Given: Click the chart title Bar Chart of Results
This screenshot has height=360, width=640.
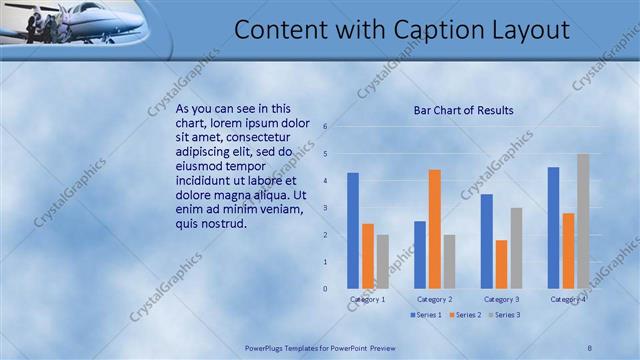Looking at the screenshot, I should coord(463,110).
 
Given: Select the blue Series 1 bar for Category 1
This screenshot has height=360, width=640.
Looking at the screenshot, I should coord(353,230).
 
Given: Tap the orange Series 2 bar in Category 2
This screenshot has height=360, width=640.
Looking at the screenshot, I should coord(434,229).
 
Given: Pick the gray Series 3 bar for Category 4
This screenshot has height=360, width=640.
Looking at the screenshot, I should coord(583,221).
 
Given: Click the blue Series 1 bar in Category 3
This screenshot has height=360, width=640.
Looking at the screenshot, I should coord(486,241).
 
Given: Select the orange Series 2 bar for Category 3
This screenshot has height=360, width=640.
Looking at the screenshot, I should coord(501,264).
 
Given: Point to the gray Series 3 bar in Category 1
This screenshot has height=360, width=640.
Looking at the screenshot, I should coord(383,261).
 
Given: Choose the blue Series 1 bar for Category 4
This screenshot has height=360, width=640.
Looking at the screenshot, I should coord(553,227).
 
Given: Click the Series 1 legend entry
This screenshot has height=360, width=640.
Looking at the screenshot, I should coord(427,315).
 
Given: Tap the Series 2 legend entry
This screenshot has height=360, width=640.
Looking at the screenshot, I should coord(465,315).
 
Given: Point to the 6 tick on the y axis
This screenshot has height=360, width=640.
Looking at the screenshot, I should coord(325,127).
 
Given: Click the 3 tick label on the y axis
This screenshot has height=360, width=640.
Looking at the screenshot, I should coord(325,208).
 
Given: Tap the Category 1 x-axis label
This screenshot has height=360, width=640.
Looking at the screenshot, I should coord(367,299).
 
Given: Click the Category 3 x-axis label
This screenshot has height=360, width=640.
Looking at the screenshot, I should coord(501,299).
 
